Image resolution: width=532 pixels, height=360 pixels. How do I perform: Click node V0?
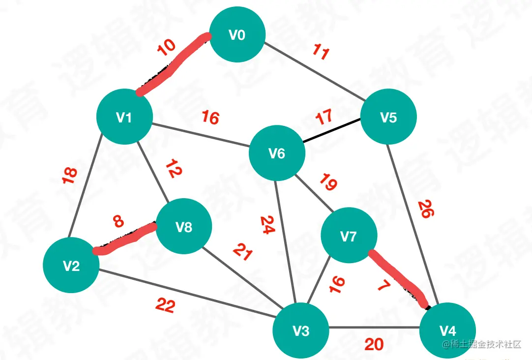click(237, 34)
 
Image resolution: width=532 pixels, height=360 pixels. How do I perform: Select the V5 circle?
click(388, 117)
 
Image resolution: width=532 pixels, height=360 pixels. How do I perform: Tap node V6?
click(277, 154)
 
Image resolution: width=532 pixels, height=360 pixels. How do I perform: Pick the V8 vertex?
click(184, 227)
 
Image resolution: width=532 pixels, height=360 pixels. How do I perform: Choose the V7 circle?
click(349, 237)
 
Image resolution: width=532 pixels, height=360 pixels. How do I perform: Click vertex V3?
click(301, 330)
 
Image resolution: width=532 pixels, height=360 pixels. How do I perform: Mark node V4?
click(447, 330)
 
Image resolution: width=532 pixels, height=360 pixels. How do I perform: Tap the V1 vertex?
click(124, 117)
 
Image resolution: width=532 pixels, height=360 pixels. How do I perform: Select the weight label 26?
click(426, 209)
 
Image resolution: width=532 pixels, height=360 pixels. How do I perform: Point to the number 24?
click(266, 226)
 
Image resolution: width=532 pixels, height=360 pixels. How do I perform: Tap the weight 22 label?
click(165, 306)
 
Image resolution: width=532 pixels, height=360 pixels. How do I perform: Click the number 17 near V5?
click(324, 118)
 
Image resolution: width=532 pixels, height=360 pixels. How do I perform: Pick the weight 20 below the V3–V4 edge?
click(374, 344)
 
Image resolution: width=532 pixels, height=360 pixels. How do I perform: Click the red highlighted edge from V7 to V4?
click(398, 278)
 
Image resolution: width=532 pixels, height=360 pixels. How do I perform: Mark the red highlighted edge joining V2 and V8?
click(125, 239)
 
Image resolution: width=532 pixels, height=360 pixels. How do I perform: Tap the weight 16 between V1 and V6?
click(210, 118)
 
